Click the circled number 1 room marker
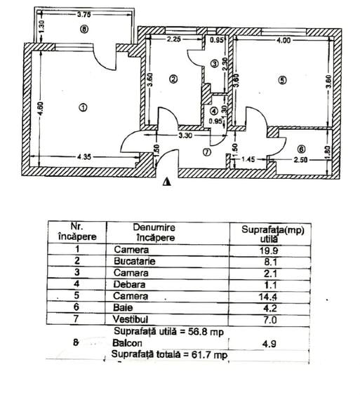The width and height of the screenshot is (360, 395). (83, 107)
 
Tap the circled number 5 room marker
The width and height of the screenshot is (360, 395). (282, 80)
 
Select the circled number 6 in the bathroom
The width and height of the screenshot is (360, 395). (301, 149)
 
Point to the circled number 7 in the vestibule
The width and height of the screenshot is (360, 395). (206, 152)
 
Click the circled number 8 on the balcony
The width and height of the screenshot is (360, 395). (84, 29)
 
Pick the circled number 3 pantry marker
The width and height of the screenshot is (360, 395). (215, 63)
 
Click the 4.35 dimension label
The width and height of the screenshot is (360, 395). (84, 157)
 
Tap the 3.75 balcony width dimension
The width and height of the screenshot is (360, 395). (84, 14)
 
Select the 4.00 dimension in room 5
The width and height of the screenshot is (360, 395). (284, 40)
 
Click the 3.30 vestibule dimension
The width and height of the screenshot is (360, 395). (185, 135)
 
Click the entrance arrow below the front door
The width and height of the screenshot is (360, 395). (167, 182)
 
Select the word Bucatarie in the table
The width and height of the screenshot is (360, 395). (134, 261)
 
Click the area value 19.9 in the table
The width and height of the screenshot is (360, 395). (269, 250)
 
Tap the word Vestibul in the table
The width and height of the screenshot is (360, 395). (131, 319)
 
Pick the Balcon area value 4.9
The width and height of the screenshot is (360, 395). (269, 344)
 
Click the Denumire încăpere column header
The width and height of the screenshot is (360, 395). (154, 232)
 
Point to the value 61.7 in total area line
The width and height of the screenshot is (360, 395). (200, 355)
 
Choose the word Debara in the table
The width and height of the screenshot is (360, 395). (129, 284)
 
